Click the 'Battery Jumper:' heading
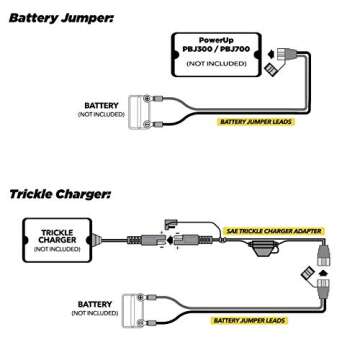click(60, 17)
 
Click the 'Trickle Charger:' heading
click(59, 194)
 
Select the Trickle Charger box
click(57, 240)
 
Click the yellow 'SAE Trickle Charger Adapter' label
click(274, 231)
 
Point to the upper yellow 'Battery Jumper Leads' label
click(255, 122)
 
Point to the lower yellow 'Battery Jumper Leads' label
click(249, 321)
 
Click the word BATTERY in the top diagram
click(101, 105)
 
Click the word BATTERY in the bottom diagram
click(95, 304)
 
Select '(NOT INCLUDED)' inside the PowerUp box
click(216, 64)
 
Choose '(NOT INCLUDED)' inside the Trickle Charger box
click(57, 250)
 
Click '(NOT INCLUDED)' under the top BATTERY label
click(101, 114)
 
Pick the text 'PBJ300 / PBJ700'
click(216, 48)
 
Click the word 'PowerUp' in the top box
click(216, 40)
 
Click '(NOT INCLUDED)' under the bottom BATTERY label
click(95, 313)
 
